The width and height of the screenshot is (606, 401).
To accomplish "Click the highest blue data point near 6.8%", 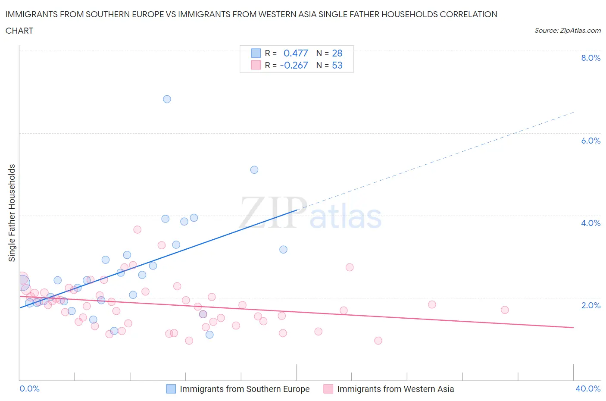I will [x=167, y=99].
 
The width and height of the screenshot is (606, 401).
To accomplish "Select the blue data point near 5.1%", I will [x=254, y=170].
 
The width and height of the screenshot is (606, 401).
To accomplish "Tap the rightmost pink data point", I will [x=505, y=310].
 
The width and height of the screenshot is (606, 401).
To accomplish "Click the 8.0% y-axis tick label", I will [x=590, y=58].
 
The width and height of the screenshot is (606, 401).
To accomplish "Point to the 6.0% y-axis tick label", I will [x=590, y=141].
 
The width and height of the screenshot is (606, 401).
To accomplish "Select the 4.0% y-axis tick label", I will [x=590, y=223].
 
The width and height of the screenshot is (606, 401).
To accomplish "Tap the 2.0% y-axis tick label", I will [x=590, y=306].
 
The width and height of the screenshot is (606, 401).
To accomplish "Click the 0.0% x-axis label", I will [x=29, y=389].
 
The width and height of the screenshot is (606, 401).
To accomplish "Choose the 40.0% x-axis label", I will [x=588, y=389].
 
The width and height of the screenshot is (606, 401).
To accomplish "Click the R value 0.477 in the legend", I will [x=296, y=53].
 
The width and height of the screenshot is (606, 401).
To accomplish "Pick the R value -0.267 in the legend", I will [x=294, y=66].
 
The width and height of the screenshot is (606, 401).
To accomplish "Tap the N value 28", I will [x=337, y=53].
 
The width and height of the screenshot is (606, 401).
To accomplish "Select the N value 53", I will [x=337, y=66].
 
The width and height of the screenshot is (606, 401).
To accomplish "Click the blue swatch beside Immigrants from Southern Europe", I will [x=171, y=389].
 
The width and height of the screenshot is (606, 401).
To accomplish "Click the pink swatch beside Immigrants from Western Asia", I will [x=328, y=389].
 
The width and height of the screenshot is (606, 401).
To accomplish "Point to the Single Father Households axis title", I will [x=12, y=213].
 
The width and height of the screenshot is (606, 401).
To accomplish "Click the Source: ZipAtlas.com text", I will [x=567, y=31].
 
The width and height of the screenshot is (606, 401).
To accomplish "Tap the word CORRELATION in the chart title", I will [x=469, y=14].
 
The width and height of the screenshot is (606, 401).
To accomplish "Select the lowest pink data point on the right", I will [x=378, y=341].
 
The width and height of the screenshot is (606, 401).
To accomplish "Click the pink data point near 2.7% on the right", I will [x=350, y=267].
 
